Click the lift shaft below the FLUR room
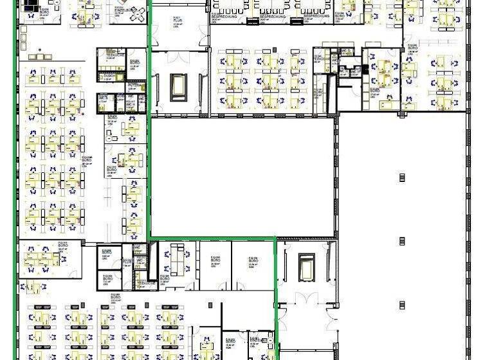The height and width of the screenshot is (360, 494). click(x=178, y=87)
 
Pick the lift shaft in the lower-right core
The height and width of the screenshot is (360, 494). click(x=306, y=265)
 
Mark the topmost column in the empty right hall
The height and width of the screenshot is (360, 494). click(x=403, y=177)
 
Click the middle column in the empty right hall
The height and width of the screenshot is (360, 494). click(x=403, y=240)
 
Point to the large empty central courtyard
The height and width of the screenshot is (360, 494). click(x=242, y=177)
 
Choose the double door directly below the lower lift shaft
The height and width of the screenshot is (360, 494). click(x=307, y=297)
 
